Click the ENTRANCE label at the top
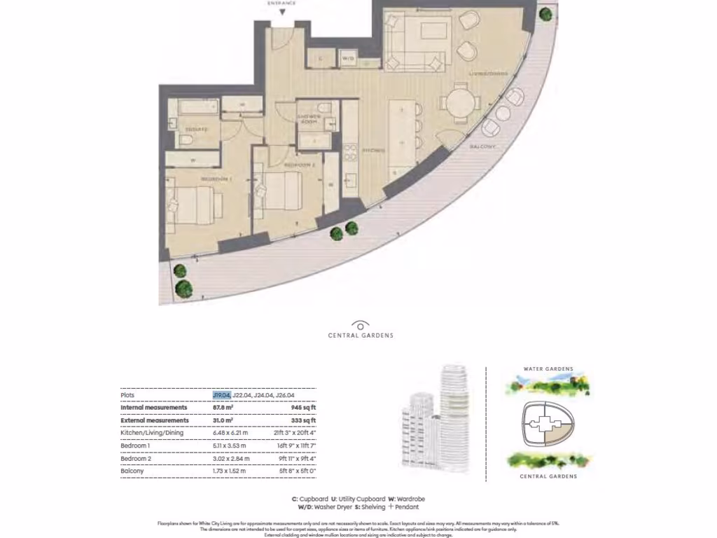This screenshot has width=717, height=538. coord(282,4)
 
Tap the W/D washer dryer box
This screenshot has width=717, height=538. coord(349,60)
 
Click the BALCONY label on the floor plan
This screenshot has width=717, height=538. coord(482,147)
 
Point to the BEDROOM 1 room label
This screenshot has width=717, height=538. coord(216,180)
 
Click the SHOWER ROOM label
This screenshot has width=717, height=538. coord(309,118)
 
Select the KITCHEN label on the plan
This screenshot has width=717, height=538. coord(374,151)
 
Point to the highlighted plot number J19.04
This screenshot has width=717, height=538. coord(221,395)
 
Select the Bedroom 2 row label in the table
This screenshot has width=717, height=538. coord(136,458)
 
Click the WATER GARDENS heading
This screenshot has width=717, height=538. coord(548,369)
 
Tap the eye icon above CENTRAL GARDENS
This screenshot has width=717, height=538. coord(361,325)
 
